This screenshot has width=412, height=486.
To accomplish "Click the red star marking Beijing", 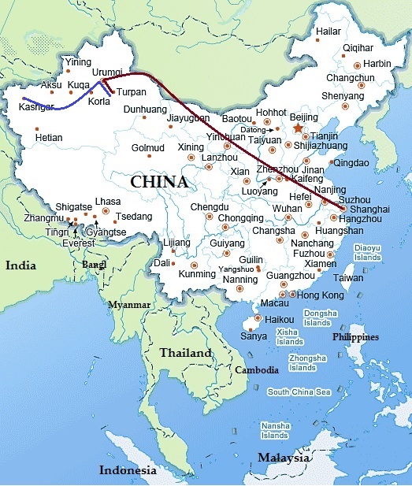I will pyautogui.click(x=297, y=127).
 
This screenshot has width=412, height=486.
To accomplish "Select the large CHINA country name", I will pyautogui.click(x=159, y=182).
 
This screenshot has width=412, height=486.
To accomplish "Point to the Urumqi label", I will pyautogui.click(x=107, y=72).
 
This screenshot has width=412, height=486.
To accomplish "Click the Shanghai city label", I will pyautogui.click(x=369, y=209).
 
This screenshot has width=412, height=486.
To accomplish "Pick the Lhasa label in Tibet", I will pyautogui.click(x=107, y=202).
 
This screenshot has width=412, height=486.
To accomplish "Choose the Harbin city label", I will pyautogui.click(x=377, y=63).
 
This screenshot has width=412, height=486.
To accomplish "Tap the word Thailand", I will pyautogui.click(x=186, y=353).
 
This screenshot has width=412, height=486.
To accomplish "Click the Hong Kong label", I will pyautogui.click(x=321, y=295).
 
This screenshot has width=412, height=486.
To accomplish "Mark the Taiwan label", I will pyautogui.click(x=348, y=277).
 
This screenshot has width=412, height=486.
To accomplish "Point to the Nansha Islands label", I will pyautogui.click(x=274, y=430).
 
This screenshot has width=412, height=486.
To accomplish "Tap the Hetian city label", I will pyautogui.click(x=49, y=138).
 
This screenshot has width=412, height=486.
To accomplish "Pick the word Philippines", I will pyautogui.click(x=355, y=336).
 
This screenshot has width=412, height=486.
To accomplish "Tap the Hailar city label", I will pyautogui.click(x=328, y=32).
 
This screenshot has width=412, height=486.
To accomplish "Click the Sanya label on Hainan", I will pyautogui.click(x=253, y=336).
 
